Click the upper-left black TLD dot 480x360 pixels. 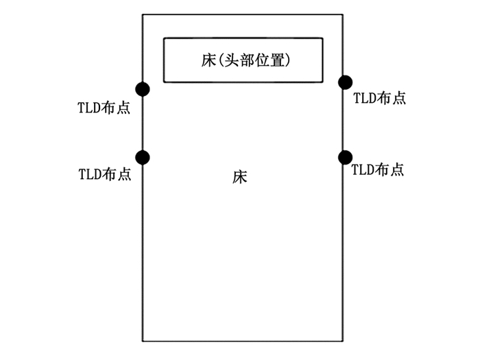143,88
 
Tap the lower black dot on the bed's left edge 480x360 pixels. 143,158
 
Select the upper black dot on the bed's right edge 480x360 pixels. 346,83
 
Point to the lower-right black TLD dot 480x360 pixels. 345,157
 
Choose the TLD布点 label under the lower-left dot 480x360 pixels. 105,173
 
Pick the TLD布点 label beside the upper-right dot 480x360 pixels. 379,98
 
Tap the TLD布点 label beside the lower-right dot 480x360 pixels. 377,169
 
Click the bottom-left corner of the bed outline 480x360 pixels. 143,341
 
